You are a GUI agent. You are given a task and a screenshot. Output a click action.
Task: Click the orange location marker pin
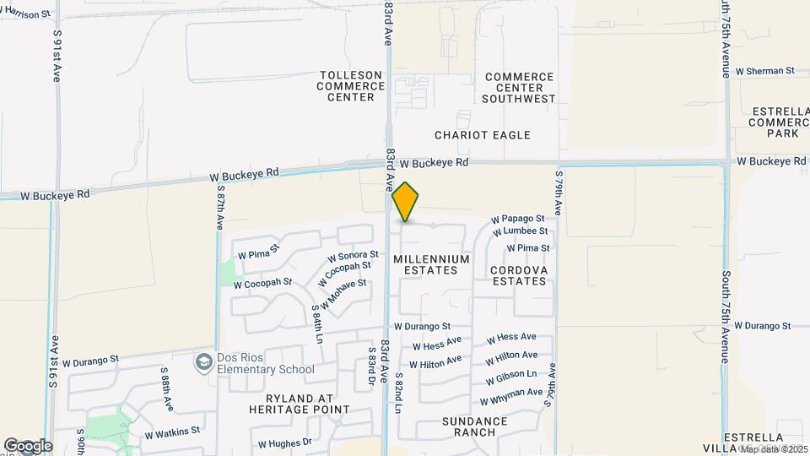[406, 202]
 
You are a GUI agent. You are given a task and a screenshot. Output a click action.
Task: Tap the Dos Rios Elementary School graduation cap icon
[203, 363]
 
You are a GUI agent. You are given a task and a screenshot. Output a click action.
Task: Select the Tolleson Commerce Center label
[350, 86]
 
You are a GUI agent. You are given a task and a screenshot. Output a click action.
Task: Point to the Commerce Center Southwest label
[519, 88]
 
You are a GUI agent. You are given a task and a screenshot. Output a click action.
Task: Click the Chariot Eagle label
[483, 135]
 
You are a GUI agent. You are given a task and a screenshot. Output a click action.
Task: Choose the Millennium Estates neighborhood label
[430, 264]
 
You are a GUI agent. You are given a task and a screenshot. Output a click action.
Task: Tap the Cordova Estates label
[519, 275]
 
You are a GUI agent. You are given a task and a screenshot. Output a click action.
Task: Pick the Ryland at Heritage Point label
[299, 404]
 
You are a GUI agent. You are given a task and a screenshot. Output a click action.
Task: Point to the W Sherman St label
[765, 72]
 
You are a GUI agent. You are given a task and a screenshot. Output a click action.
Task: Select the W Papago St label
[518, 219]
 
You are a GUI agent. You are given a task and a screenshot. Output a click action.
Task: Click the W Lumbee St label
[521, 231]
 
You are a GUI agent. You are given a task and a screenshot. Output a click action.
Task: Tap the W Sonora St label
[353, 255]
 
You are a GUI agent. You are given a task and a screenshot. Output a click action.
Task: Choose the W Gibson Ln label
[511, 375]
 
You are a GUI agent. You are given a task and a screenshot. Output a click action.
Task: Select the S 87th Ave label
[219, 208]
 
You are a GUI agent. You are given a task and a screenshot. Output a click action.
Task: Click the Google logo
[28, 446]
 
